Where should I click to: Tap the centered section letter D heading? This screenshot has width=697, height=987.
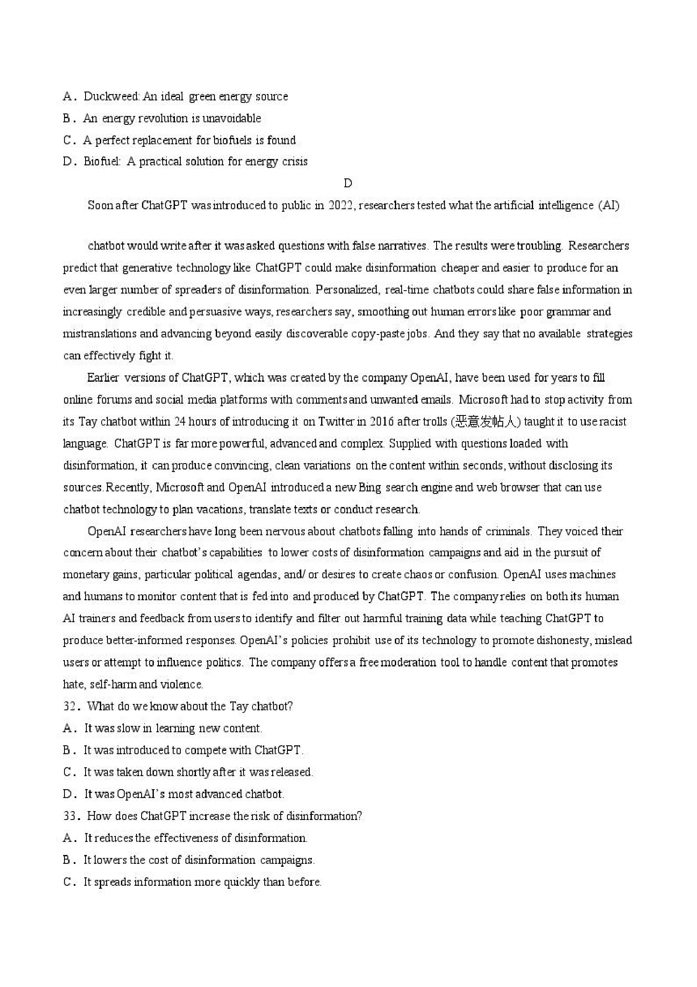[x=348, y=183]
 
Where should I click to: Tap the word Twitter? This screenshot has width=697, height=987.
[x=337, y=422]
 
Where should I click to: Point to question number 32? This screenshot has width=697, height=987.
[x=70, y=706]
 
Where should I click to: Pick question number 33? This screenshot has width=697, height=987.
[x=70, y=816]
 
